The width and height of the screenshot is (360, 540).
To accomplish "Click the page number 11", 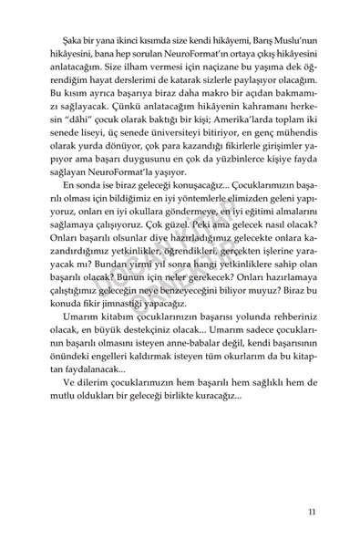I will point(312,485).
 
